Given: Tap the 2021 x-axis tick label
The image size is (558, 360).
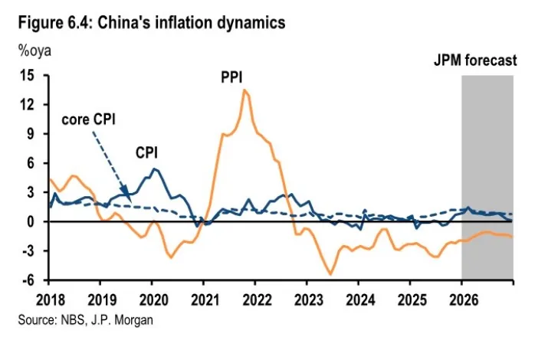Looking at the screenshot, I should coord(203,297).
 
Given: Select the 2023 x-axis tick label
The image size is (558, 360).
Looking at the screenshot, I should coord(307,297).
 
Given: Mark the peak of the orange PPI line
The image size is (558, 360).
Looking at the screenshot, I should coord(244,90).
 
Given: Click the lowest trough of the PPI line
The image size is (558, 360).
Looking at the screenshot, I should coord(330,274).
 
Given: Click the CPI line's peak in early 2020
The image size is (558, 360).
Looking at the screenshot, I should coord(155,169).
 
